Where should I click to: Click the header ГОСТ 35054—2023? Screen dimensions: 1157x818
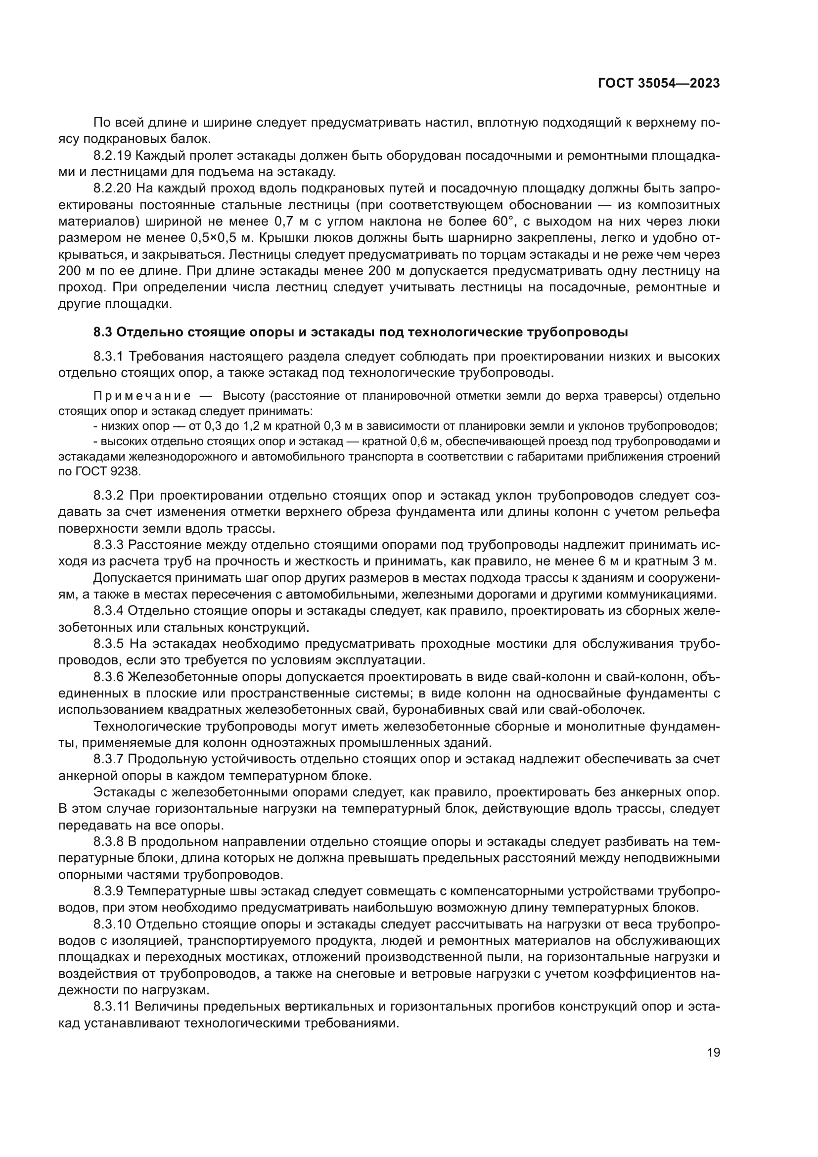(x=658, y=84)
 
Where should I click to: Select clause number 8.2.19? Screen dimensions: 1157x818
(x=112, y=156)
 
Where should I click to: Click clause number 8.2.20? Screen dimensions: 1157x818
(x=112, y=188)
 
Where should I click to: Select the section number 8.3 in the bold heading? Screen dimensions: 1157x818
(x=103, y=332)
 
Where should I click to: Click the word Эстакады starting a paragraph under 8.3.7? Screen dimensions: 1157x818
(x=130, y=792)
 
